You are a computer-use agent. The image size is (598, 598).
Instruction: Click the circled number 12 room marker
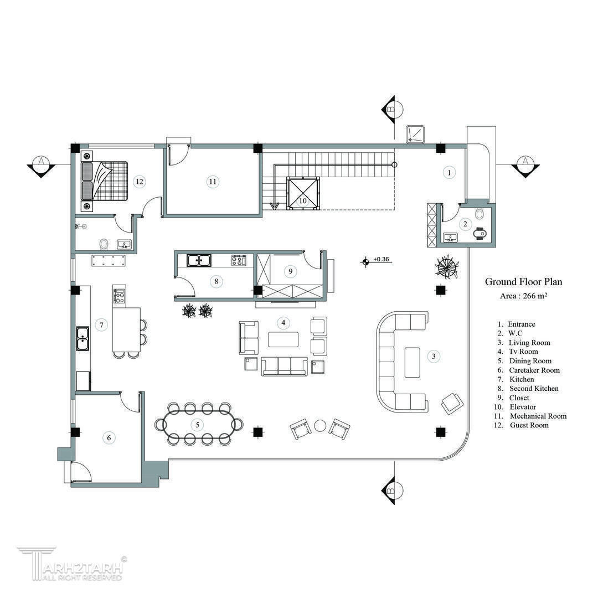coord(140,182)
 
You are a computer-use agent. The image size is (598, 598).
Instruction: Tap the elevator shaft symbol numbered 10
coord(303,193)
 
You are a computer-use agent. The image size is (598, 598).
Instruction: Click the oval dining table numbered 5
coord(198,425)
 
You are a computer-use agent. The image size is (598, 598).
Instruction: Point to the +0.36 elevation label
coord(381,259)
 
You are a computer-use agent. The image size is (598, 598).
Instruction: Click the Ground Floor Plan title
coord(523,282)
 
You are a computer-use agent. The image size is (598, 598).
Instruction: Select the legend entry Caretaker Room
coord(534,370)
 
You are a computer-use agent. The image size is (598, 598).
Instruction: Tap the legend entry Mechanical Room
coord(538,416)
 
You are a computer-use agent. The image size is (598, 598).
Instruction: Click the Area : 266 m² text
coord(524,296)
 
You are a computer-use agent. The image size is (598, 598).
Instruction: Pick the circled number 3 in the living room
coord(434,357)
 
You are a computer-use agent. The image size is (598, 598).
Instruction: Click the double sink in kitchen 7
coord(83,338)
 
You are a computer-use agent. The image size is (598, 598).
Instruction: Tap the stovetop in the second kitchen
coord(239,260)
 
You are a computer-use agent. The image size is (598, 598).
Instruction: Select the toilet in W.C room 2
coord(480,213)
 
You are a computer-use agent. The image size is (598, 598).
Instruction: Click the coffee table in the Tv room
coord(283,339)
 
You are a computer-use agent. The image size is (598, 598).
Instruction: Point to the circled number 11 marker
coord(213,182)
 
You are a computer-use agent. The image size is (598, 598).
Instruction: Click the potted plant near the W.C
coord(447,266)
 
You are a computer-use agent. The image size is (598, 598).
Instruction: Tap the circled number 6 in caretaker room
coord(109,437)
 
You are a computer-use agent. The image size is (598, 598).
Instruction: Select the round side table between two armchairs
coord(321,426)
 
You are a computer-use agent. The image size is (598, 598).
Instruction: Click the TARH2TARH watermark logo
coord(72,564)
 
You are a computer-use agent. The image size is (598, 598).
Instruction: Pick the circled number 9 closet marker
coord(291,271)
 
